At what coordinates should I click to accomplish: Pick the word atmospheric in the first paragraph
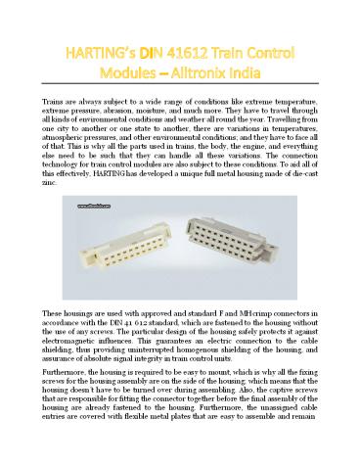(66, 145)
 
